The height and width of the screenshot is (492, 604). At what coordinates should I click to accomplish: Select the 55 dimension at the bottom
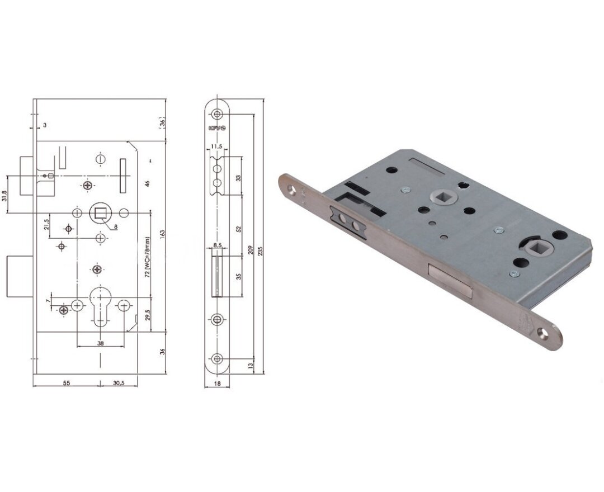pos(66,383)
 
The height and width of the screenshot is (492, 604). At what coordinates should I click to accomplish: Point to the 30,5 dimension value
pos(118,383)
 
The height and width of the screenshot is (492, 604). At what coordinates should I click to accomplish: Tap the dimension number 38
pos(100,344)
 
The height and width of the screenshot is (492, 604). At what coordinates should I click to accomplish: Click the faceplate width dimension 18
pos(218,383)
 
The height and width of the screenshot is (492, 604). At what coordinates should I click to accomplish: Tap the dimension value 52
pos(238,229)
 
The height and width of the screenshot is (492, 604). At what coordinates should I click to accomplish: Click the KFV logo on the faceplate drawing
pos(217,128)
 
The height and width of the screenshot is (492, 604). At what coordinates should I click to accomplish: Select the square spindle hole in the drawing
pos(101,212)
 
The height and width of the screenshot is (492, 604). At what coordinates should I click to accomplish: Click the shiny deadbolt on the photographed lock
pos(451,280)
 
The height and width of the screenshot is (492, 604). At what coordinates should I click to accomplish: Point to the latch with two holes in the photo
pos(348,221)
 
